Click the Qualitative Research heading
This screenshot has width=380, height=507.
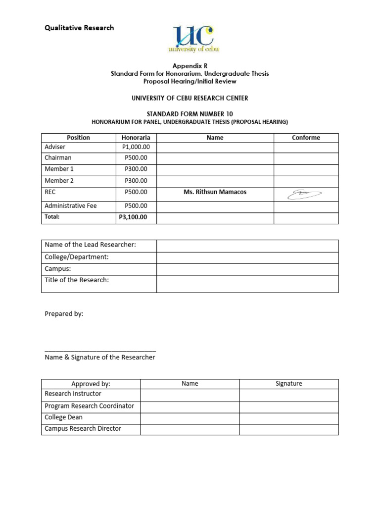79,28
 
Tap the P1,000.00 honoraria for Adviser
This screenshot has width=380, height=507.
136,147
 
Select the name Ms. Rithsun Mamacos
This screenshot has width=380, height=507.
215,192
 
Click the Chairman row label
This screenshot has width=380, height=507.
58,158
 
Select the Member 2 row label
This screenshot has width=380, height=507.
59,181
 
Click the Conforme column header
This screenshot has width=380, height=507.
306,138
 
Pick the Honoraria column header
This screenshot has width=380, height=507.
136,138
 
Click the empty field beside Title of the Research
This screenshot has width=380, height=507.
247,284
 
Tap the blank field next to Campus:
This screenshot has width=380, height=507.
247,269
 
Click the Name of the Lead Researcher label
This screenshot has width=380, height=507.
90,245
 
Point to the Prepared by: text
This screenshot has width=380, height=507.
64,314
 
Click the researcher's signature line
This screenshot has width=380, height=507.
100,350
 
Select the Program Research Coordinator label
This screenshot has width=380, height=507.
90,406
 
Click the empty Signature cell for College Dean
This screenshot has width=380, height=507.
289,418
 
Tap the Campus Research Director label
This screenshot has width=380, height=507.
83,429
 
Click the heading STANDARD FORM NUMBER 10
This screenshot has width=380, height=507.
190,113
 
